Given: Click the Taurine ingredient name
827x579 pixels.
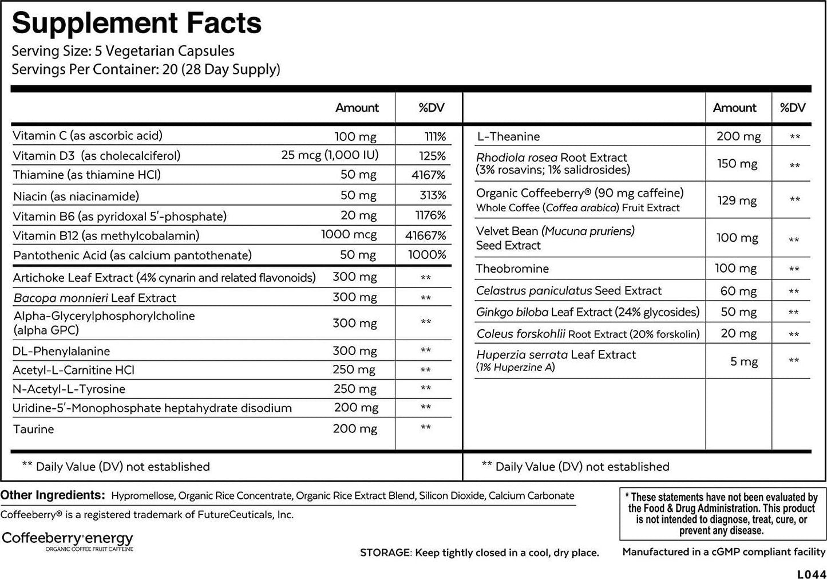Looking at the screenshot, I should tap(34, 429).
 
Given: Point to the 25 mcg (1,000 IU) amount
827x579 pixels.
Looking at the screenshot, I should tap(330, 155).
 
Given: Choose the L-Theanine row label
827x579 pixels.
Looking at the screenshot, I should tap(508, 136).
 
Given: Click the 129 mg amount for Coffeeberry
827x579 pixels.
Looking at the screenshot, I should tap(737, 200).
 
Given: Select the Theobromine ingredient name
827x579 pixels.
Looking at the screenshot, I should tap(512, 269).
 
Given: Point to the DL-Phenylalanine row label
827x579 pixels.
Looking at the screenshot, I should tap(61, 351).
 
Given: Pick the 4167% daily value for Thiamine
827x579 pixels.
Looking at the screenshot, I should tap(428, 175).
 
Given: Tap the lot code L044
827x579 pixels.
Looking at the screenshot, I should tap(811, 573).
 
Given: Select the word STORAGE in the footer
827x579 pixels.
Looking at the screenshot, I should tap(385, 553).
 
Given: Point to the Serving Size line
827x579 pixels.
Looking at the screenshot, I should tap(123, 50).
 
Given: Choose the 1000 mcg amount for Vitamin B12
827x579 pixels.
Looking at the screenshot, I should tap(349, 235).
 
